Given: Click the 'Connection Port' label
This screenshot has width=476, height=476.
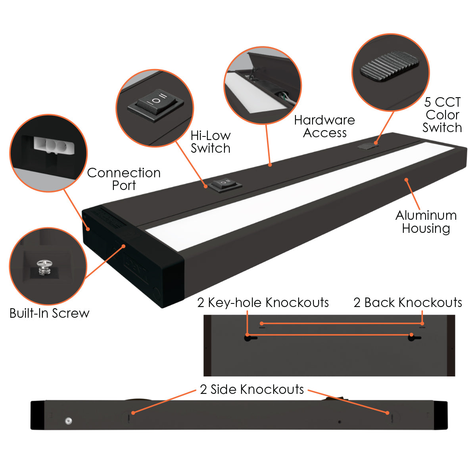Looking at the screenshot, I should (124, 179).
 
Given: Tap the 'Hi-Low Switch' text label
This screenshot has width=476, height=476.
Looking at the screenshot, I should (210, 142).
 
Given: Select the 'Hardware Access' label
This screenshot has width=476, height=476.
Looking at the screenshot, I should (324, 126).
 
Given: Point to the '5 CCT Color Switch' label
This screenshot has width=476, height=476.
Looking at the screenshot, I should (442, 115).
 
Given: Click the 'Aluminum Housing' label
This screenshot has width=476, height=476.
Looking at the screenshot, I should (426, 222).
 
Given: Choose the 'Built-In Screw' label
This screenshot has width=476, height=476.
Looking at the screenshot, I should (50, 313).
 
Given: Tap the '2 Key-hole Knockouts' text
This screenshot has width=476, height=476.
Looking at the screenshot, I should (263, 303).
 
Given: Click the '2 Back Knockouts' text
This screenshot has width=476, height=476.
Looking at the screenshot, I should (408, 303).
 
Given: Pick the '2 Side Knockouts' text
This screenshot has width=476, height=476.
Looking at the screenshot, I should (252, 390).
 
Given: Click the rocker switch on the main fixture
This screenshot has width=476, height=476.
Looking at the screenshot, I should (225, 183).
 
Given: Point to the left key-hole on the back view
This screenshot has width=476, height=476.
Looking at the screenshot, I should (248, 338).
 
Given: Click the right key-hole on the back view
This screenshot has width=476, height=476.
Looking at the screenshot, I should (413, 338).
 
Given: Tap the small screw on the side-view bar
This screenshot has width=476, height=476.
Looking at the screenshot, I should (68, 420).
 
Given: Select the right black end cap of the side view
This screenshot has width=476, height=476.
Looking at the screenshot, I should (440, 415).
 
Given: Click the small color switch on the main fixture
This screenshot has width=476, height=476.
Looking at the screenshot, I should (367, 146).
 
